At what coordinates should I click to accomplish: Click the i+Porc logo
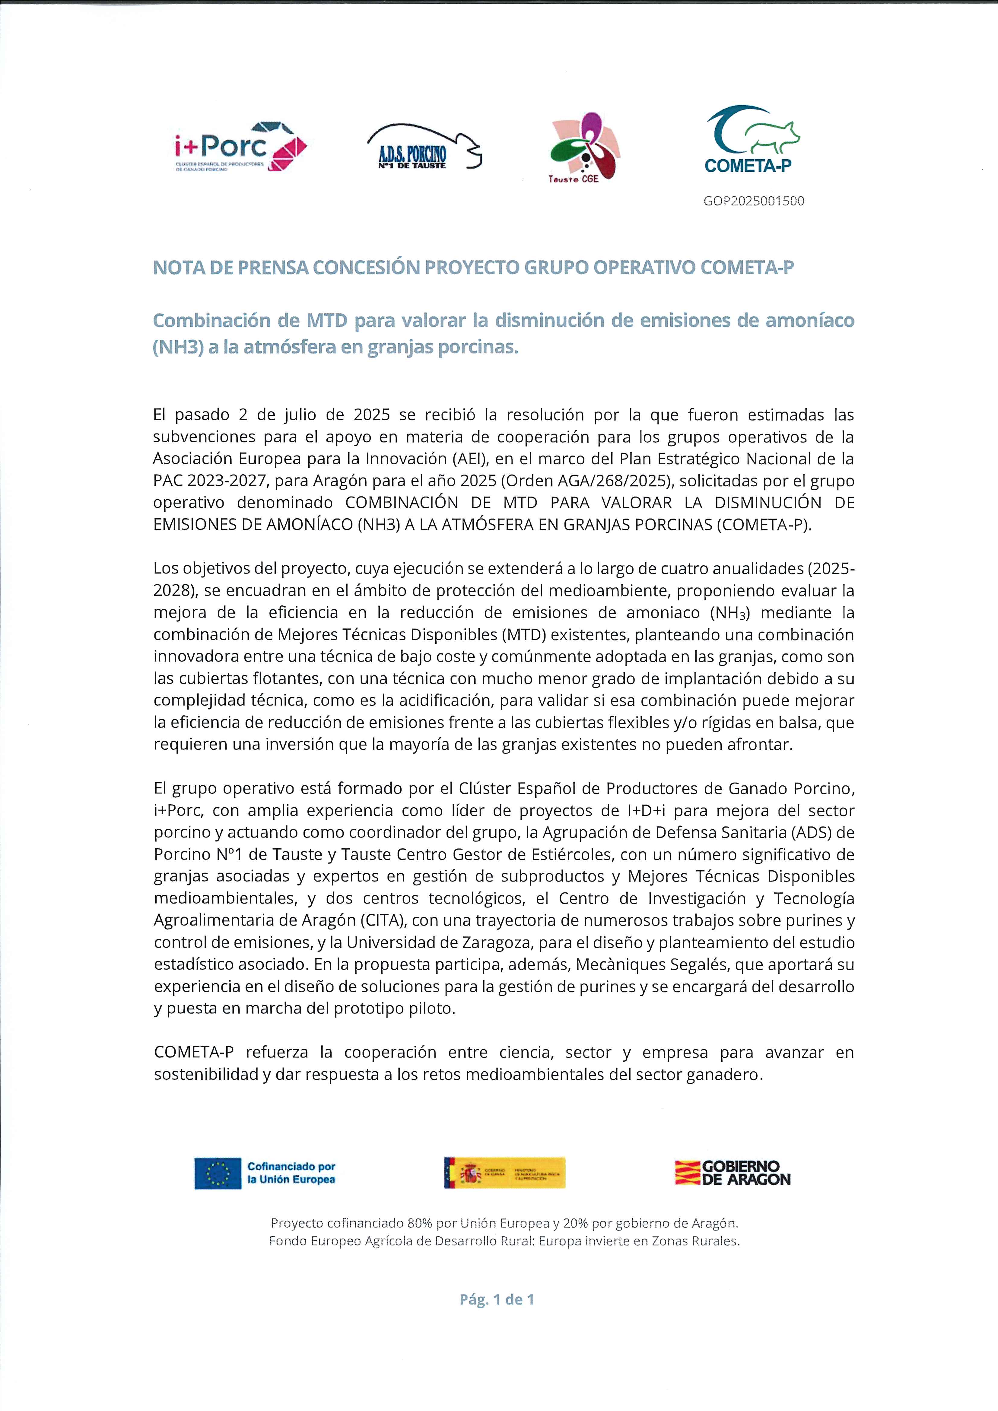pyautogui.click(x=240, y=148)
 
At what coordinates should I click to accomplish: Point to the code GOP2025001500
pyautogui.click(x=754, y=201)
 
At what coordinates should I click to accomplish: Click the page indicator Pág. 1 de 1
pyautogui.click(x=497, y=1299)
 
